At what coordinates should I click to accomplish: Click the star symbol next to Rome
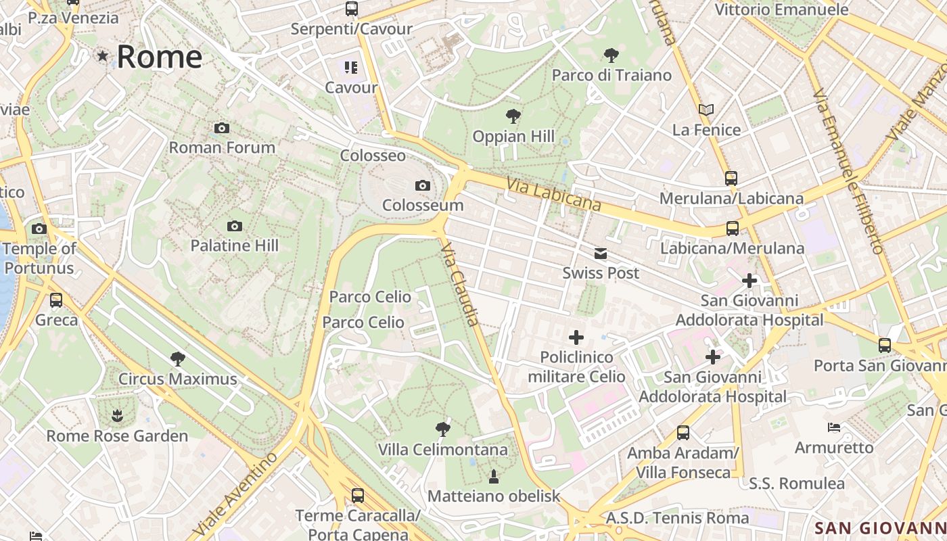103,56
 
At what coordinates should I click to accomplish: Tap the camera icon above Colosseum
423,185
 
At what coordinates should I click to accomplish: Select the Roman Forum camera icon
221,128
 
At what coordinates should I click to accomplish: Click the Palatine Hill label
234,245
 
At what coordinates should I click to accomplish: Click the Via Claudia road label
461,285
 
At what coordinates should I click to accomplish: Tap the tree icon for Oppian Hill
513,116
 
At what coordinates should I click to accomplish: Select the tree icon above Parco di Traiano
611,55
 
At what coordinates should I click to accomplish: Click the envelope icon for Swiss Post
601,254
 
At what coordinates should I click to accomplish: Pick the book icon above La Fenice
706,110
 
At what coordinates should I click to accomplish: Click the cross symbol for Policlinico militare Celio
576,337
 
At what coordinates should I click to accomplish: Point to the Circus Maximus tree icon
178,358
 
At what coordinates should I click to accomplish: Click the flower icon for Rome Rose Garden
117,415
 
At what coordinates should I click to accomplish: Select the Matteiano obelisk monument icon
494,476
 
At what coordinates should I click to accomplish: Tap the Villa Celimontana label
442,450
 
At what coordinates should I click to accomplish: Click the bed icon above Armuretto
834,427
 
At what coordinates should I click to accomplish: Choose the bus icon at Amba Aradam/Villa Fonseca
683,432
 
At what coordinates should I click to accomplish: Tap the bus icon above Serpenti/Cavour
351,9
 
